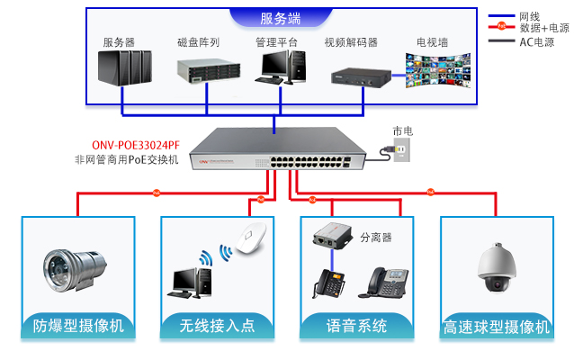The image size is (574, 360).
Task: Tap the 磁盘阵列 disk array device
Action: tap(203, 70)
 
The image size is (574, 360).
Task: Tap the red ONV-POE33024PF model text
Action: tap(135, 144)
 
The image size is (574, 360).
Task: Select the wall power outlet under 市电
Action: tap(403, 152)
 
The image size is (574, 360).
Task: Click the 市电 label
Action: tap(402, 131)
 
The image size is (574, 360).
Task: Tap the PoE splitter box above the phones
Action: tap(332, 239)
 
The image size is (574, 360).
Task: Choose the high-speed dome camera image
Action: tap(496, 267)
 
